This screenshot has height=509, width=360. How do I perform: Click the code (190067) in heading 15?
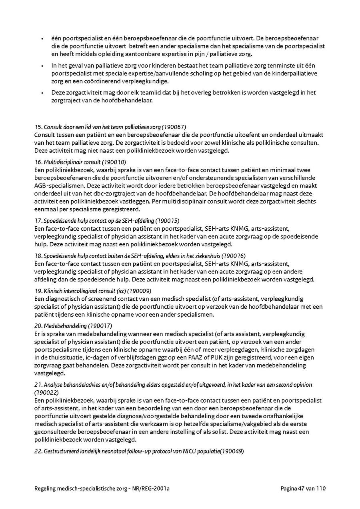(x=174, y=127)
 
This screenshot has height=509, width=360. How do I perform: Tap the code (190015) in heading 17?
(x=168, y=220)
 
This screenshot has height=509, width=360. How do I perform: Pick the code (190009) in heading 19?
(x=139, y=291)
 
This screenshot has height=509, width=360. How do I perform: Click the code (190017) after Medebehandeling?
(x=100, y=325)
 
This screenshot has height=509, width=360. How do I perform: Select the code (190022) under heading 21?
(x=47, y=392)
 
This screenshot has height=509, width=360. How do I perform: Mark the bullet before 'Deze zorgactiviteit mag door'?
(x=42, y=93)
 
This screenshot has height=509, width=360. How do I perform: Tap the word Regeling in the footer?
(x=47, y=488)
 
